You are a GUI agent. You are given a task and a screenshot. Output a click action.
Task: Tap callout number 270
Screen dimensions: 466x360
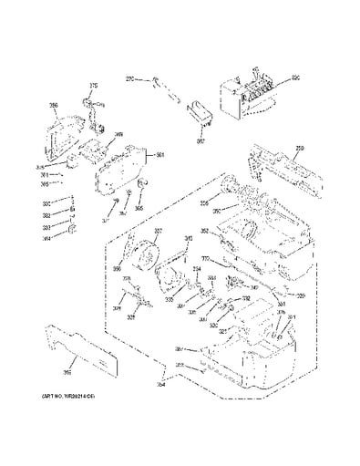point(129,80)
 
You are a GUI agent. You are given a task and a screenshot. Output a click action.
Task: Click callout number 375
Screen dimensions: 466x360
point(92,87)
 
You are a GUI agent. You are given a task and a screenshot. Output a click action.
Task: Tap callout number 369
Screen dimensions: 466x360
point(118,134)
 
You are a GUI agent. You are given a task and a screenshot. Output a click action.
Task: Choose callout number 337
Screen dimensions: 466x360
point(158,231)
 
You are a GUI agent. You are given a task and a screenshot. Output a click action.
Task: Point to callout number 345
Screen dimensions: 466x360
point(190,239)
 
